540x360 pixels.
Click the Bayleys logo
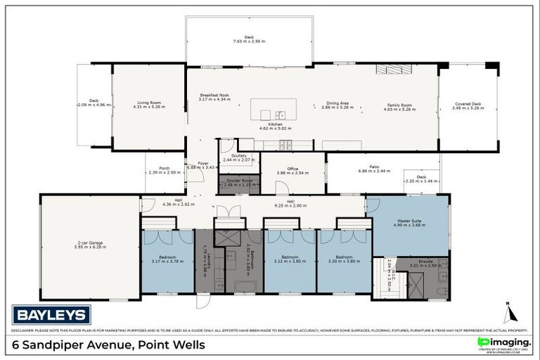(51, 314)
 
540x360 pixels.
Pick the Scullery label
(238, 157)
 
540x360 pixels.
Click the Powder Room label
(238, 182)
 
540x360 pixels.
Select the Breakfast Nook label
(214, 97)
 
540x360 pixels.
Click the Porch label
(165, 169)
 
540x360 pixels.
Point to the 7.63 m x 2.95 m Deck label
(249, 39)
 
